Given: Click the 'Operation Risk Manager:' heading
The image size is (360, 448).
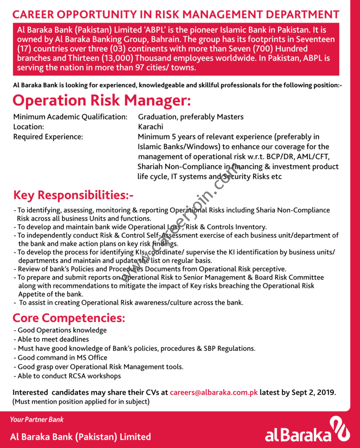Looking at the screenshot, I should pyautogui.click(x=102, y=100).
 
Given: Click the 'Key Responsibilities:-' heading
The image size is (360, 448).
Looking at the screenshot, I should pyautogui.click(x=73, y=195).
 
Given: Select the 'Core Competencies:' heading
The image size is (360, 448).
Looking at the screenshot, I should pyautogui.click(x=69, y=317).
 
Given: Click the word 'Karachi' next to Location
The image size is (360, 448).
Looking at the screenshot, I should pyautogui.click(x=150, y=127).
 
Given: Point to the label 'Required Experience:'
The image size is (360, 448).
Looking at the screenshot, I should pyautogui.click(x=48, y=137).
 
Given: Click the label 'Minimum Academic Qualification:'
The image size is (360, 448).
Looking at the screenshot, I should pyautogui.click(x=70, y=117).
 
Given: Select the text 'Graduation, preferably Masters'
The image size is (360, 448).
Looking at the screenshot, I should pyautogui.click(x=191, y=117).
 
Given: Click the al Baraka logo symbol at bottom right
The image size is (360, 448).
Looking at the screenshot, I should pyautogui.click(x=340, y=429).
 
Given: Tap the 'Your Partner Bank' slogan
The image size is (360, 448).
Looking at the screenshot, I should pyautogui.click(x=37, y=420).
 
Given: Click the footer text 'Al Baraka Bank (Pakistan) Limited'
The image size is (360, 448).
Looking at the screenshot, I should pyautogui.click(x=81, y=436).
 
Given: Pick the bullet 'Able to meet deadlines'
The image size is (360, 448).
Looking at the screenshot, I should pyautogui.click(x=53, y=339).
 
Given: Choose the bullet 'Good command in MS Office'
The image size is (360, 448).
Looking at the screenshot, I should pyautogui.click(x=62, y=357).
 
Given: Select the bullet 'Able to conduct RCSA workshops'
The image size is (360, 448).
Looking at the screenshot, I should pyautogui.click(x=69, y=376).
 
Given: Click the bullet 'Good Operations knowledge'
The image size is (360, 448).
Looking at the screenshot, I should pyautogui.click(x=62, y=330).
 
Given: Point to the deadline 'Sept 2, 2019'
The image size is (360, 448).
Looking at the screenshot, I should pyautogui.click(x=314, y=392).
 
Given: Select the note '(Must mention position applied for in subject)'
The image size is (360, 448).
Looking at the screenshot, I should pyautogui.click(x=81, y=401).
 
